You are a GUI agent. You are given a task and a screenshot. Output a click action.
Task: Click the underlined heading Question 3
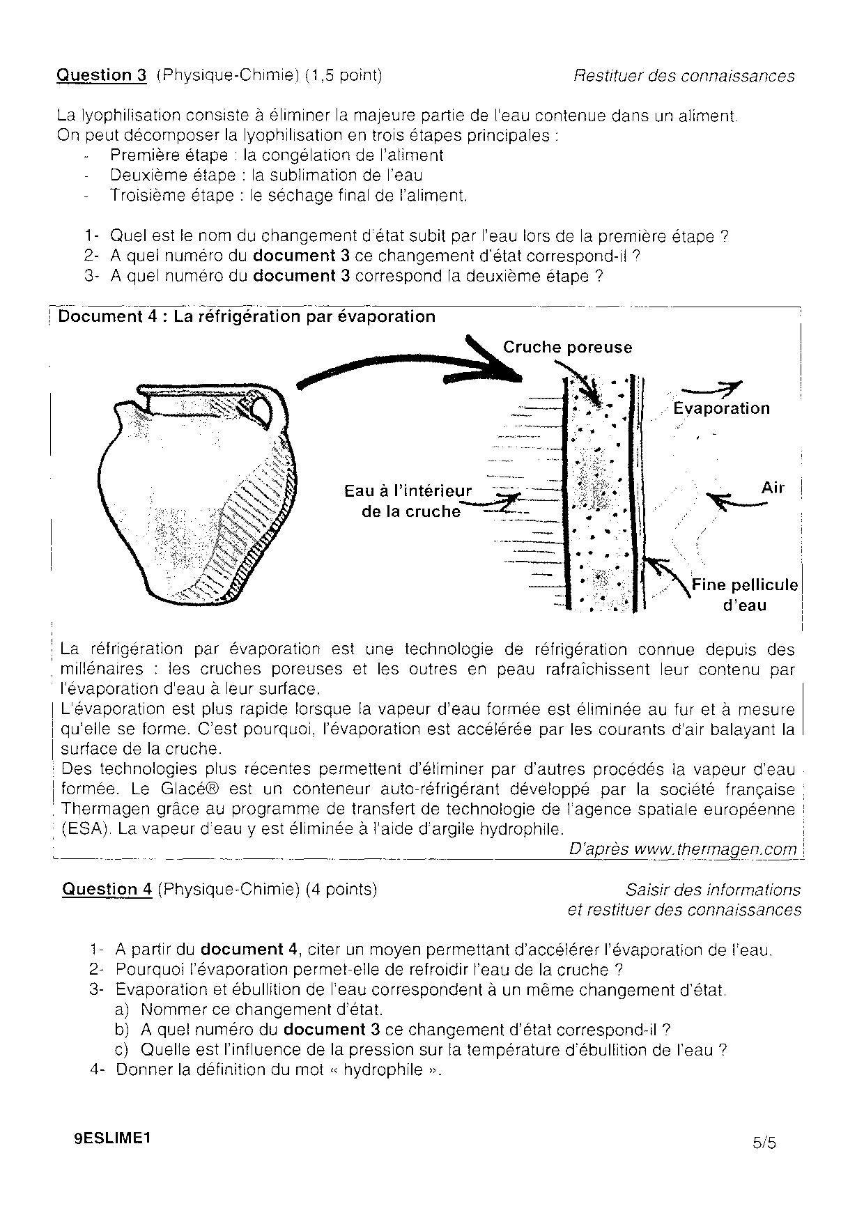(102, 75)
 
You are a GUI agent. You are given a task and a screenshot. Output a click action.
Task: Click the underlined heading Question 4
(107, 889)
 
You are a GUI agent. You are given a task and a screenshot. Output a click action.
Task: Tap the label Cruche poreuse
(567, 347)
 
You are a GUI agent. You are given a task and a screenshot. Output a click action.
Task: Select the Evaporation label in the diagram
(721, 408)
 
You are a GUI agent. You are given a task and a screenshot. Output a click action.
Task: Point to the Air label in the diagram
(773, 488)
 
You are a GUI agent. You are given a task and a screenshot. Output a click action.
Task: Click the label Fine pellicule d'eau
(744, 594)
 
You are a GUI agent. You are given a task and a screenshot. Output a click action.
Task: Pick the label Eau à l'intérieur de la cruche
(408, 501)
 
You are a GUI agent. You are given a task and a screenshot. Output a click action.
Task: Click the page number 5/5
(764, 1143)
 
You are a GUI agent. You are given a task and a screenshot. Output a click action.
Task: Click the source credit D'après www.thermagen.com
(682, 849)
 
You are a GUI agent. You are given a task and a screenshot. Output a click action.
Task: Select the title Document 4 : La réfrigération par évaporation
(247, 317)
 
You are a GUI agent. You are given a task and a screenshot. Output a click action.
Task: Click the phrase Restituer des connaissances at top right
(684, 76)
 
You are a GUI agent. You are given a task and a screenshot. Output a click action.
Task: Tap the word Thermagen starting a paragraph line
(105, 810)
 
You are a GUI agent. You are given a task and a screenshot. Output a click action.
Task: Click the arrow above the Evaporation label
(711, 389)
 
